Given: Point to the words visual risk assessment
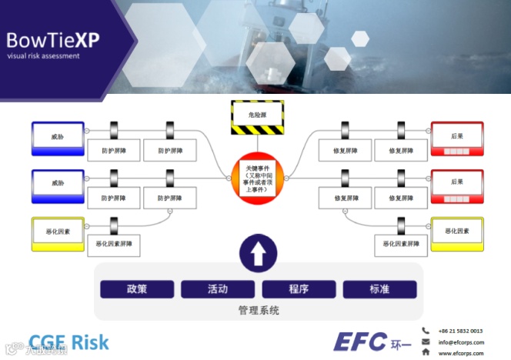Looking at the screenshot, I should (43, 56).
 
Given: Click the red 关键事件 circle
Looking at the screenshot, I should (257, 178).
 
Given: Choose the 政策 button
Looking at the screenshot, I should (137, 289).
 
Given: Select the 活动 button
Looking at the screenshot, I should (218, 289).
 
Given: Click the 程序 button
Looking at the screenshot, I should (299, 289).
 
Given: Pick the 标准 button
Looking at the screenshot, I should (379, 289).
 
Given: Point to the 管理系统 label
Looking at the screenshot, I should (258, 311).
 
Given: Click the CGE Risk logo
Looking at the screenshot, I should (69, 342).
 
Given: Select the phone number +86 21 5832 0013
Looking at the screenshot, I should (461, 331).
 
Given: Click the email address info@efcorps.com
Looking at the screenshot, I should (461, 342).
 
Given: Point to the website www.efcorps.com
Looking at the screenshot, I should (461, 354).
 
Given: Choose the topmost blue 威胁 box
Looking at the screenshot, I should (57, 136).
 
